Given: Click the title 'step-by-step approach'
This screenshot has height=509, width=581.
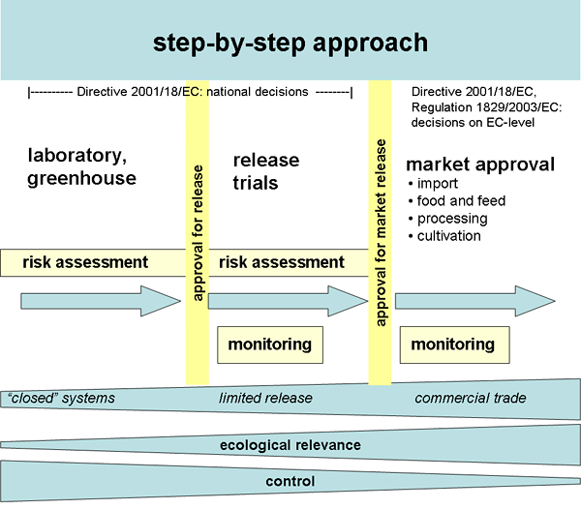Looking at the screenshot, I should point(290,45).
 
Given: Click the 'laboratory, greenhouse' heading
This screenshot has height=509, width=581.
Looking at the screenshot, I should point(82,167).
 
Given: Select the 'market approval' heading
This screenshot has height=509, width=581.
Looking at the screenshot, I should point(480,165).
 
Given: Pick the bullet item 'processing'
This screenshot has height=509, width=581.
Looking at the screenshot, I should point(451,219).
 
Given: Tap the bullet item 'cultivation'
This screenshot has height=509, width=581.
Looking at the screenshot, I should point(448,236).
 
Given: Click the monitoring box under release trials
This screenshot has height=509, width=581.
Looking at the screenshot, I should point(269,344).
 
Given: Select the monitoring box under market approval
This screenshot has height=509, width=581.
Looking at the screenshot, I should point(453,344).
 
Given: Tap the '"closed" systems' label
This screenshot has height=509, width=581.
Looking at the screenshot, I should point(61,399).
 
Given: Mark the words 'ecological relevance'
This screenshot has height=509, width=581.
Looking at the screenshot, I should point(289,445).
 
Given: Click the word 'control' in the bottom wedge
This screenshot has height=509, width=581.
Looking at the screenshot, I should point(289,481).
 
